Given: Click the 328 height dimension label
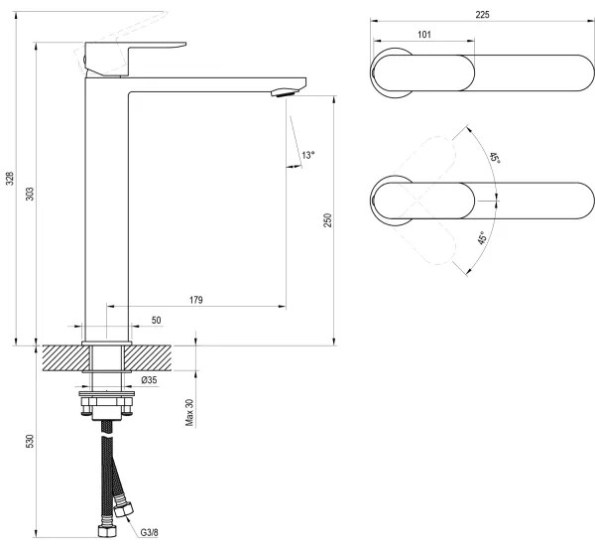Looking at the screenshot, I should (x=10, y=179).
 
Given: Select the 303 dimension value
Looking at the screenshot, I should (x=28, y=196).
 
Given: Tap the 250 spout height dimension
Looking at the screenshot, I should (x=326, y=220).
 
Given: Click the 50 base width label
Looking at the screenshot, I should (x=156, y=321).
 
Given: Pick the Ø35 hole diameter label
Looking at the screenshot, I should (x=149, y=380).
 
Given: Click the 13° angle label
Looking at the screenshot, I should (x=308, y=155).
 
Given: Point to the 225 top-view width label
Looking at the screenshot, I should (x=482, y=14).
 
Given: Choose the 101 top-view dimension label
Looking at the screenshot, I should (x=423, y=35).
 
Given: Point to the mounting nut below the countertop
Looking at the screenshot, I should (x=107, y=403).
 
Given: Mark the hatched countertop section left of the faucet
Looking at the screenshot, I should (x=63, y=357).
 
